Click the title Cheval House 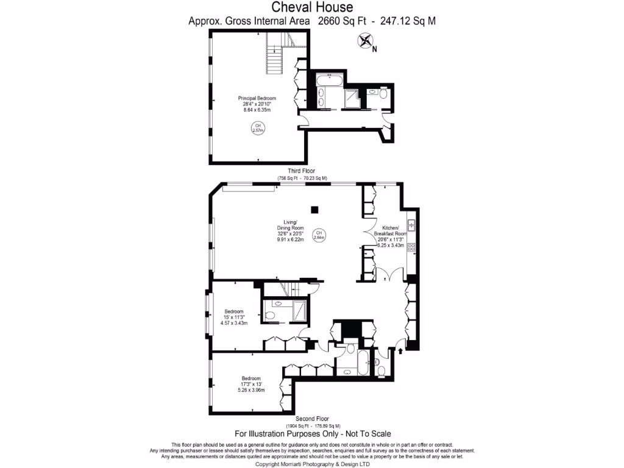coord(311,7)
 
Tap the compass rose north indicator coord(366,42)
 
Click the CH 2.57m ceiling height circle coord(257,128)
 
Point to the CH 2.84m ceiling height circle coord(319,235)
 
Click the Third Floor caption coord(302,171)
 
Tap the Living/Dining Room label coord(290,230)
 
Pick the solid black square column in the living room coord(314,210)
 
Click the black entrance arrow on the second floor coord(400,351)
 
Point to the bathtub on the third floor coord(332,78)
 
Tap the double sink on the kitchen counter coord(412,225)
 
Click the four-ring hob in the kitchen coord(411,247)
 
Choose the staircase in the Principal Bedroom coord(277,52)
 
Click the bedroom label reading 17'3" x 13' coord(251,385)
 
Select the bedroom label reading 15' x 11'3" coord(233,317)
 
